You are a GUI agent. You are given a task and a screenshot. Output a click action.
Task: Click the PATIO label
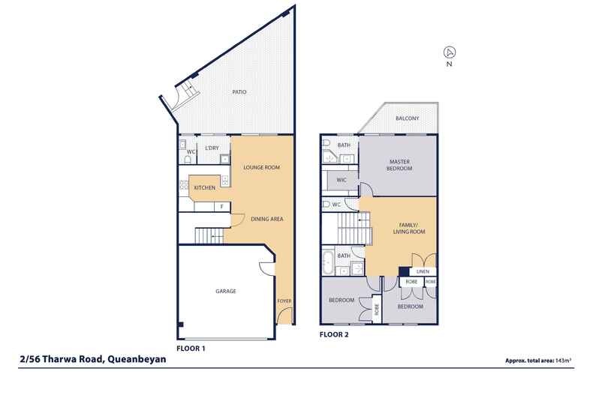point(239,92)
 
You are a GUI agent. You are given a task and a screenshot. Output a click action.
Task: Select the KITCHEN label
point(204,187)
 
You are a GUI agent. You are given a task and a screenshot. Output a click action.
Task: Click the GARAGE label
point(225,291)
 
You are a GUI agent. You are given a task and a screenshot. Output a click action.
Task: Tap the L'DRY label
point(212,149)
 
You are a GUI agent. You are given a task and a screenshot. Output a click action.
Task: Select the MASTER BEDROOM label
point(399,165)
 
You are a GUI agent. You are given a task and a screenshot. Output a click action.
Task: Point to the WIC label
point(341,179)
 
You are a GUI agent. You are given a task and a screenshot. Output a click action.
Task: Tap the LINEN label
point(422,271)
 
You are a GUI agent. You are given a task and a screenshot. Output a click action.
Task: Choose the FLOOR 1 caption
point(191,349)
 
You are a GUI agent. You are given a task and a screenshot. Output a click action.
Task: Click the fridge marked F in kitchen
point(222,207)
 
